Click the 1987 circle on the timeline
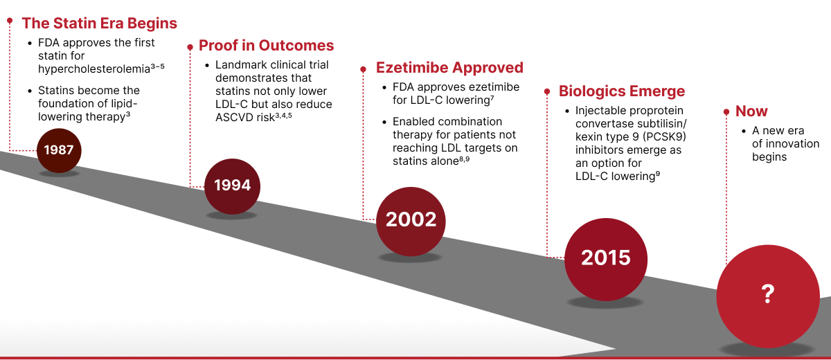click(x=59, y=150)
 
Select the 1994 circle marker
click(x=232, y=185)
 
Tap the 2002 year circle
click(x=411, y=220)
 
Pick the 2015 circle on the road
click(x=606, y=258)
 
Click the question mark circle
click(x=767, y=294)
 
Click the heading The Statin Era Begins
click(x=99, y=23)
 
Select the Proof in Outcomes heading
click(x=266, y=46)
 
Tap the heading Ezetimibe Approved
click(x=449, y=68)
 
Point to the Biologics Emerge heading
click(x=621, y=91)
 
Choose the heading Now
click(x=751, y=111)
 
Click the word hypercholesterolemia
click(x=94, y=69)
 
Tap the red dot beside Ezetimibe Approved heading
click(x=363, y=69)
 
